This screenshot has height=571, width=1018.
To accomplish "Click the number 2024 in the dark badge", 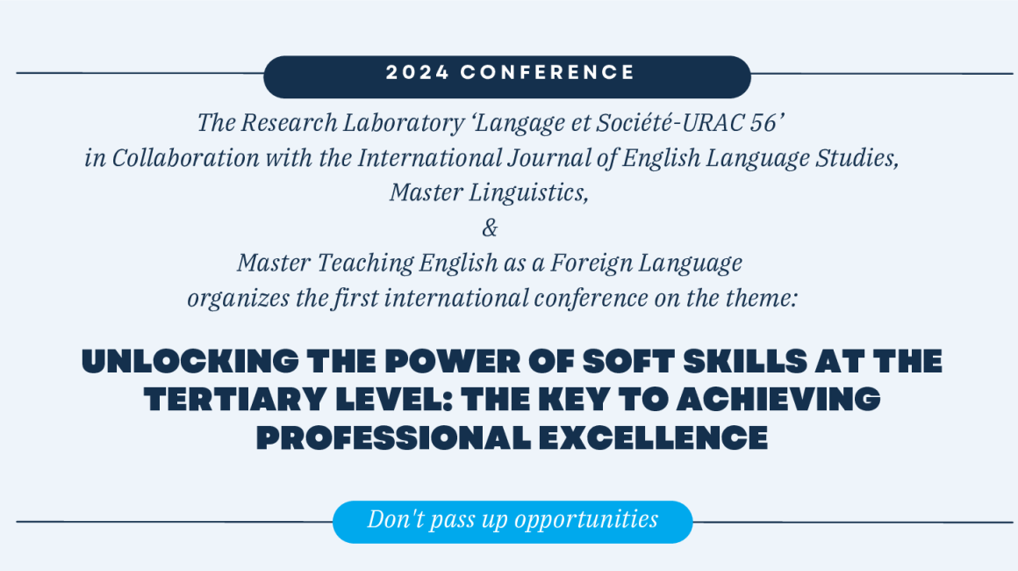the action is point(418,73).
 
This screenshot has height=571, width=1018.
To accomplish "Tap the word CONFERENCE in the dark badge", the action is point(548,73).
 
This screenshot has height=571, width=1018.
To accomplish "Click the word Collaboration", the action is point(186,158).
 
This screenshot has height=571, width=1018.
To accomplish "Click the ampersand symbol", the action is point(491,228).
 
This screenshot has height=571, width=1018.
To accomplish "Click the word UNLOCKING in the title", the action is point(190,362).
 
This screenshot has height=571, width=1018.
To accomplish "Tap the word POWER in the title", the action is point(453,362).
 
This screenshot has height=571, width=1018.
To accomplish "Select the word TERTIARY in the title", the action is point(235,400).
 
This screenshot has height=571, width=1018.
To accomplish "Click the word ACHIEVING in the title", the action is point(778,400).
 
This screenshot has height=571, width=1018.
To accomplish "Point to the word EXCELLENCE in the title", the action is point(653,437).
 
